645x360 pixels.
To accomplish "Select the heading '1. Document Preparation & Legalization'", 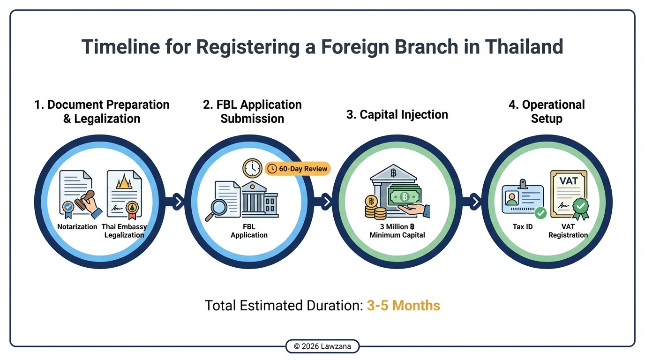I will pos(102,112).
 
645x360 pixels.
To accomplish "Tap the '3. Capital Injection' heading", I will pos(397,115).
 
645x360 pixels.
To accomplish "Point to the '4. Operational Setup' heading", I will pos(547,112).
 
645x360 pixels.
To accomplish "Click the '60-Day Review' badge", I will pos(298,169).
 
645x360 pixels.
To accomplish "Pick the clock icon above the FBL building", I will pos(252,168).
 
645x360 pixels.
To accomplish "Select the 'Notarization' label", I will pos(77,227).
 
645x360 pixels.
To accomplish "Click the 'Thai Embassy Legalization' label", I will pos(124,231).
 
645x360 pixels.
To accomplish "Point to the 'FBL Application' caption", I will pos(249,231).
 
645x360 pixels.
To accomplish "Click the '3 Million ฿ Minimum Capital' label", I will pos(397,231).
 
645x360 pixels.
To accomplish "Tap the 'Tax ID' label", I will pos(522,227).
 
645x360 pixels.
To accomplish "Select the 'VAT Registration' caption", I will pos(568,231).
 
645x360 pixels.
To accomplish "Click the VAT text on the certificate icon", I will pos(569,180).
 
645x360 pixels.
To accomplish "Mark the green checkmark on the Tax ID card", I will pos(540,213).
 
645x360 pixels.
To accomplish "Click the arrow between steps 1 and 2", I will pos(178,202).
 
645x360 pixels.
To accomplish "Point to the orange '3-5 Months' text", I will pos(403,306).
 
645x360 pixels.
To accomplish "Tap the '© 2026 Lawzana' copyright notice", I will pos(322,346).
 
